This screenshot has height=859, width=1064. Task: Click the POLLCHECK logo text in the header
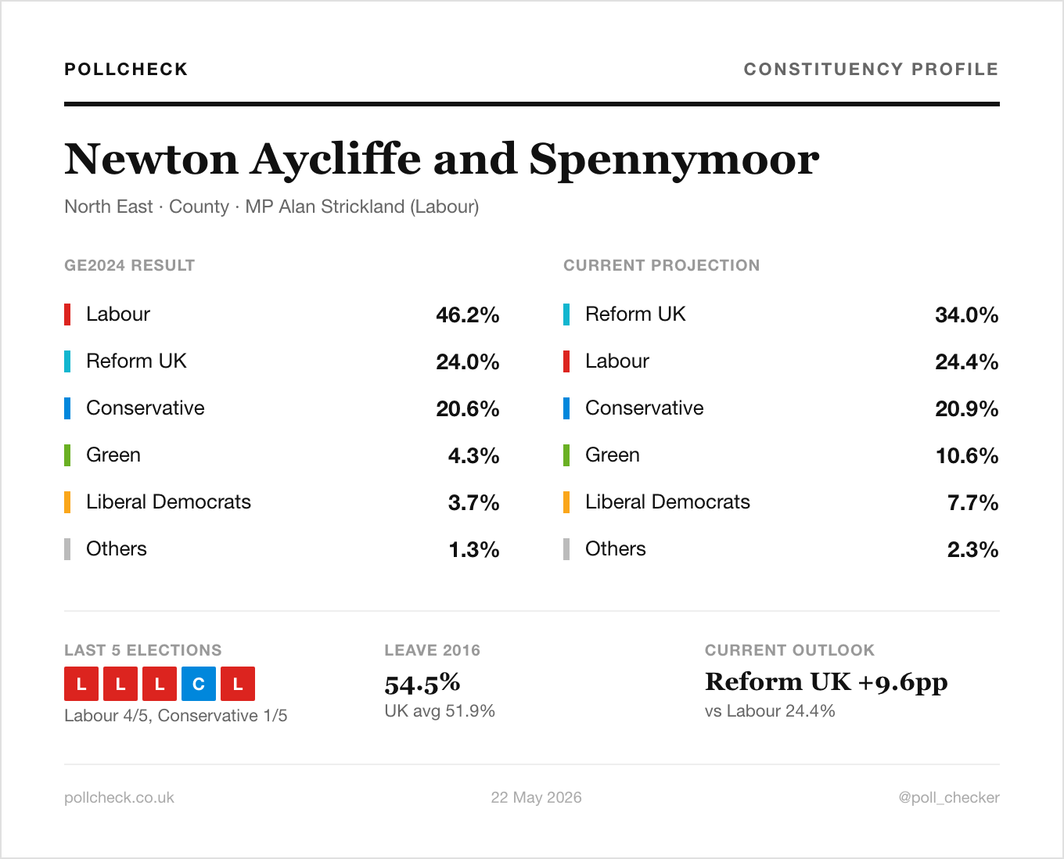point(126,69)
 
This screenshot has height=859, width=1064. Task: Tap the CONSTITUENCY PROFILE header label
point(872,69)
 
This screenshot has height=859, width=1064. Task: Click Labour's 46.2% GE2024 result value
point(468,314)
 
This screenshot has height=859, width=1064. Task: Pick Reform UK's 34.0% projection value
point(966,314)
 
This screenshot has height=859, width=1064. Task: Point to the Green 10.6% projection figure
point(966,455)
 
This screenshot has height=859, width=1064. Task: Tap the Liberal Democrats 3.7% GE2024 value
point(473,502)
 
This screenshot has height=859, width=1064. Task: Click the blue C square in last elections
point(198,684)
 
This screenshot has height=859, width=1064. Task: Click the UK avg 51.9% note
point(440,710)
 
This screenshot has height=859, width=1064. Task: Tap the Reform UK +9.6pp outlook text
point(826,682)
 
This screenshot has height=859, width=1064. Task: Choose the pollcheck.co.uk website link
point(119,797)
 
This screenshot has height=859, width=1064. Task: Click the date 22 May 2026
point(536,797)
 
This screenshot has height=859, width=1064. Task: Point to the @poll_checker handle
point(949,797)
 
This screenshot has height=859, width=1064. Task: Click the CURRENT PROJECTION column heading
point(661,265)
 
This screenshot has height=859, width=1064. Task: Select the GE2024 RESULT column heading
point(129,265)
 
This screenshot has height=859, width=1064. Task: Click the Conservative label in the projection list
point(645,408)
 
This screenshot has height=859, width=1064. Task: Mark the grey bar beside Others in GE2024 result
point(67,549)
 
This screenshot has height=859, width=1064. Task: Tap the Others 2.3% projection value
point(972,549)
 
